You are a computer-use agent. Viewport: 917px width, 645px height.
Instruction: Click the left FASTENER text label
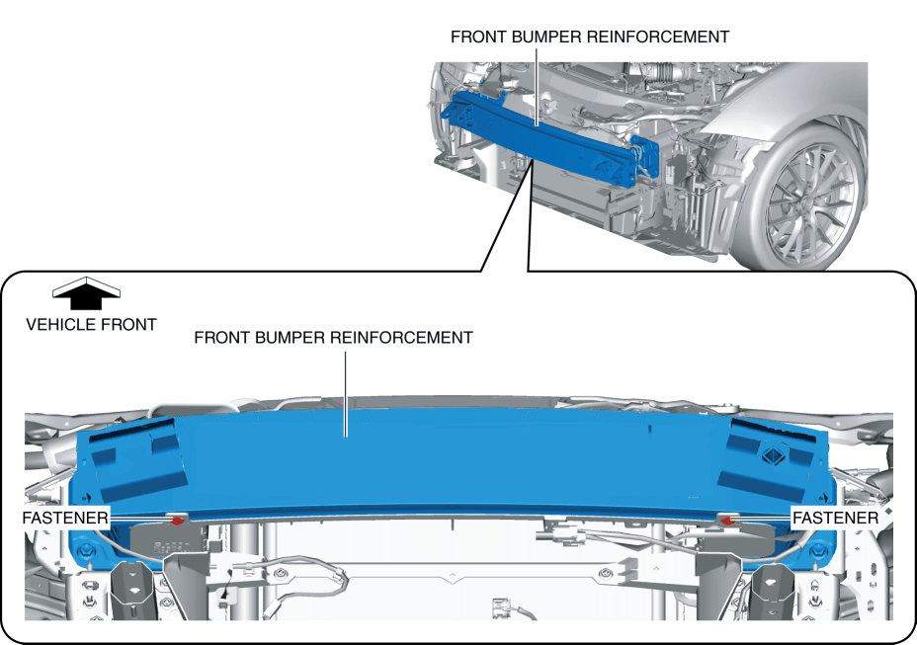tap(66, 518)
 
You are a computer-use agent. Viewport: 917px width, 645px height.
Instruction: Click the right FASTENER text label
tap(835, 518)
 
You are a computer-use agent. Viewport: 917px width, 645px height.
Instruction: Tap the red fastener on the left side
tap(178, 519)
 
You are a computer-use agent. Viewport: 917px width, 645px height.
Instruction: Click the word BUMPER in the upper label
tap(547, 37)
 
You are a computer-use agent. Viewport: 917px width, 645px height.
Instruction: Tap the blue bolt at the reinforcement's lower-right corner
tap(815, 549)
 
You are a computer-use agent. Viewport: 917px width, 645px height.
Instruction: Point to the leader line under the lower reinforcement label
tap(345, 390)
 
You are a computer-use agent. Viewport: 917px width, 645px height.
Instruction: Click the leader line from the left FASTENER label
tap(138, 518)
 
